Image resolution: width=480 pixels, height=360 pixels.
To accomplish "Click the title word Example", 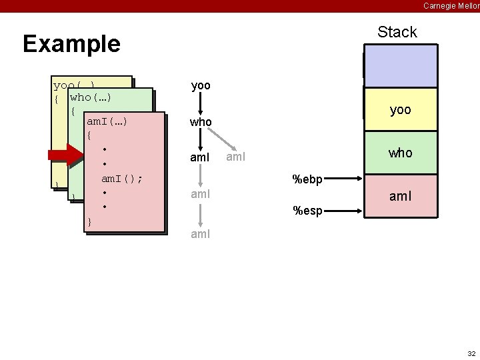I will click(71, 44).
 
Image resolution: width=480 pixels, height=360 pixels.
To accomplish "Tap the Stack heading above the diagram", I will click(397, 32).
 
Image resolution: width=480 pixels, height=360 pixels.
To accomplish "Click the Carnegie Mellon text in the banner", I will click(451, 5).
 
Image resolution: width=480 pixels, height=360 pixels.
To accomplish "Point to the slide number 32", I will click(471, 353).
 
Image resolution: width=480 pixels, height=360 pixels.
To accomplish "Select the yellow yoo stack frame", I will click(400, 109).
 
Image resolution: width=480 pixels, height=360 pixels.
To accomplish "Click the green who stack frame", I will click(400, 153).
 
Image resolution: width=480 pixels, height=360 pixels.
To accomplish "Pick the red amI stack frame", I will click(400, 197).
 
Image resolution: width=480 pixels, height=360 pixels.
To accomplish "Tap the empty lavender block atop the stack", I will click(400, 66).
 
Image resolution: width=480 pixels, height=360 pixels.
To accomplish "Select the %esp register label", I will click(308, 211).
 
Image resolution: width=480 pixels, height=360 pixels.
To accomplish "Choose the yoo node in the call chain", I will click(201, 86).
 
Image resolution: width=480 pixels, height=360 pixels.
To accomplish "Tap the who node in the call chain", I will click(201, 122).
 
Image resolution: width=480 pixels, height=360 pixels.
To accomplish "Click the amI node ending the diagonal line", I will click(236, 157).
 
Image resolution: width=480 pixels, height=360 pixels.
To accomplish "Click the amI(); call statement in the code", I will click(121, 179).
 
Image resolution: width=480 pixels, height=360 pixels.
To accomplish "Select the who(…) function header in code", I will click(90, 97).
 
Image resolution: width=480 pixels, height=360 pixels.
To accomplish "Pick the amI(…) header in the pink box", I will click(107, 121).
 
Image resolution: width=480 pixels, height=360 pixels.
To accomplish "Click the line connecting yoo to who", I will click(201, 104).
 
